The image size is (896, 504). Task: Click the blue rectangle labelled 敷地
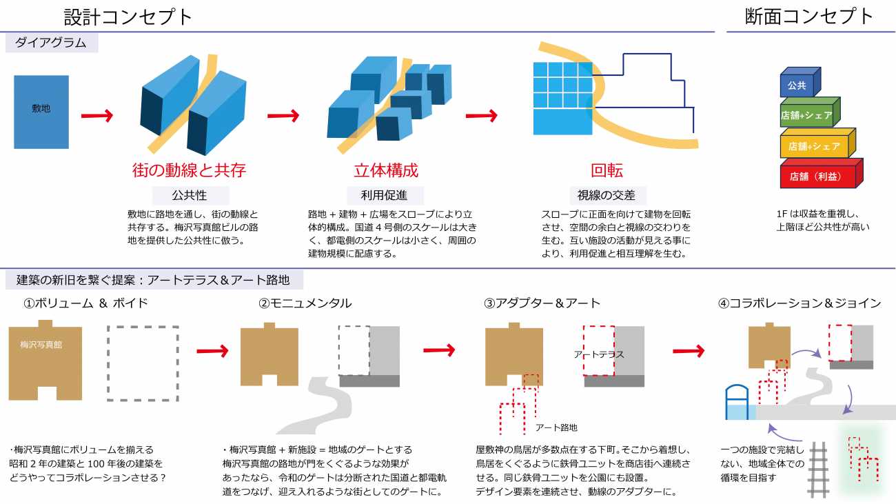(x=41, y=112)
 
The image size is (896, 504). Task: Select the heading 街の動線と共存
(x=189, y=170)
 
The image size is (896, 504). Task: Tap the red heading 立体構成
(x=386, y=170)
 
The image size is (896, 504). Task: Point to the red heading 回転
(x=607, y=170)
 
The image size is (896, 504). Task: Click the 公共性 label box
(x=189, y=195)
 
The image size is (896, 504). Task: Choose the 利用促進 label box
(x=385, y=195)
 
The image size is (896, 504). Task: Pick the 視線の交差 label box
(x=607, y=195)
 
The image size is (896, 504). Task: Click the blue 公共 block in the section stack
(x=797, y=85)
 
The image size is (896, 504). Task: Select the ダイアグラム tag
(x=52, y=43)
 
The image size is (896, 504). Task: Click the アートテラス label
(x=598, y=354)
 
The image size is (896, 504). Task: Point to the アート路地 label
(x=556, y=427)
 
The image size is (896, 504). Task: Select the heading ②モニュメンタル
(x=305, y=303)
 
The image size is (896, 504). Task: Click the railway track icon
(x=817, y=470)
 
